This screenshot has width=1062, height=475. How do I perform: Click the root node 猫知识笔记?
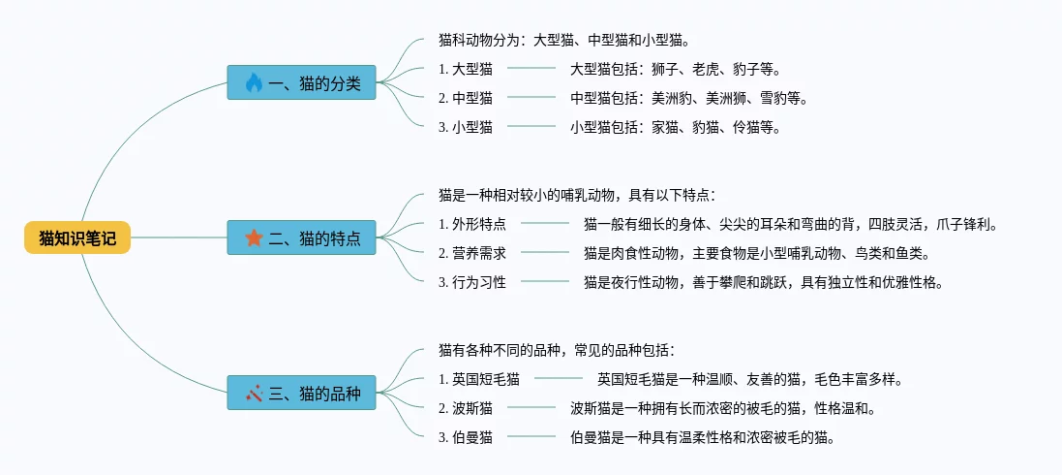pos(77,237)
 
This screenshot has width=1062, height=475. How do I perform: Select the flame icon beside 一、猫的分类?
pos(254,83)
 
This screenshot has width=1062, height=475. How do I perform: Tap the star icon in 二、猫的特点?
pos(254,237)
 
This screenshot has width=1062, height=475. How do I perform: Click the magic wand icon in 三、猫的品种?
pos(254,393)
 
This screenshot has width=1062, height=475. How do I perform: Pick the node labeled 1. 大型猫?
pos(466,69)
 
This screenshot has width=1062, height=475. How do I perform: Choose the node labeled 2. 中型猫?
pos(466,98)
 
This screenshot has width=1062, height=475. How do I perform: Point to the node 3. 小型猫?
pos(466,127)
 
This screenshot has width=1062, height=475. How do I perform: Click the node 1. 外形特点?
pos(472,224)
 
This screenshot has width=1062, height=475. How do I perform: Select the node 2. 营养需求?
pos(472,253)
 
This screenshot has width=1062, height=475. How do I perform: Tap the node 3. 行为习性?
pos(472,282)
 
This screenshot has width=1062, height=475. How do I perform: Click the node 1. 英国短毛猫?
pos(479,379)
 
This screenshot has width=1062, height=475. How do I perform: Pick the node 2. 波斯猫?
pos(466,408)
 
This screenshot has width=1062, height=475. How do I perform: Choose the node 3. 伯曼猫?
pos(466,437)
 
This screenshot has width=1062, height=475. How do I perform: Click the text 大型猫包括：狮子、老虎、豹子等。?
pos(675,69)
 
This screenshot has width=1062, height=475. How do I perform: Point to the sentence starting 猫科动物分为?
pos(563,41)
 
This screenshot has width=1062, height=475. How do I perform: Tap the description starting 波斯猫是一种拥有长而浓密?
pos(722,408)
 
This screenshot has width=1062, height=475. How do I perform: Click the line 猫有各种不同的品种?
pos(557,350)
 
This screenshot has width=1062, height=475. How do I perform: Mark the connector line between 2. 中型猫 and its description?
pos(531,98)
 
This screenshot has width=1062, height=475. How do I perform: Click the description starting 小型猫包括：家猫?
pos(675,127)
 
